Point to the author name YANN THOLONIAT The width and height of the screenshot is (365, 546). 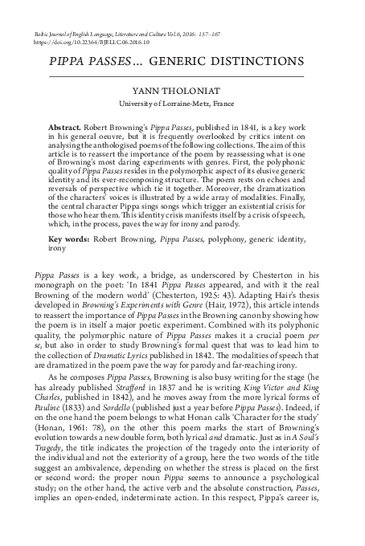pyautogui.click(x=182, y=92)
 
